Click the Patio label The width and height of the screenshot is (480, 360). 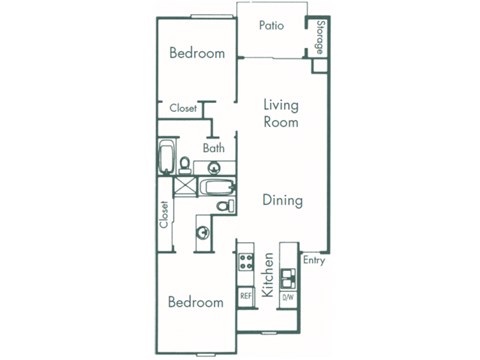click(271, 26)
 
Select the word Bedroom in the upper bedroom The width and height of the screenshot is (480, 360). click(196, 54)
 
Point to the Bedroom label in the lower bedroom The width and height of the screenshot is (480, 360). click(195, 302)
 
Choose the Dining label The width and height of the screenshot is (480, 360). click(282, 200)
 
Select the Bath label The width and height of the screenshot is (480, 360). click(214, 148)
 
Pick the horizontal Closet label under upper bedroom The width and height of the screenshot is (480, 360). click(183, 108)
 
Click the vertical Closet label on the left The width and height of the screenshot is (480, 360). click(164, 215)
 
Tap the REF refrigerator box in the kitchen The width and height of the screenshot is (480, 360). click(245, 296)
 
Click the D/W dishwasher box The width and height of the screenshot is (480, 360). click(288, 296)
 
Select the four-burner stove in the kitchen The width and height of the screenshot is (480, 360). click(245, 265)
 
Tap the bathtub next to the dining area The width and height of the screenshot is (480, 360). click(214, 186)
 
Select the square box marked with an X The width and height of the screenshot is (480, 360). click(183, 186)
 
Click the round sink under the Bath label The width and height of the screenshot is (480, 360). click(213, 168)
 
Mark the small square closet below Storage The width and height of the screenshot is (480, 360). click(319, 66)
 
